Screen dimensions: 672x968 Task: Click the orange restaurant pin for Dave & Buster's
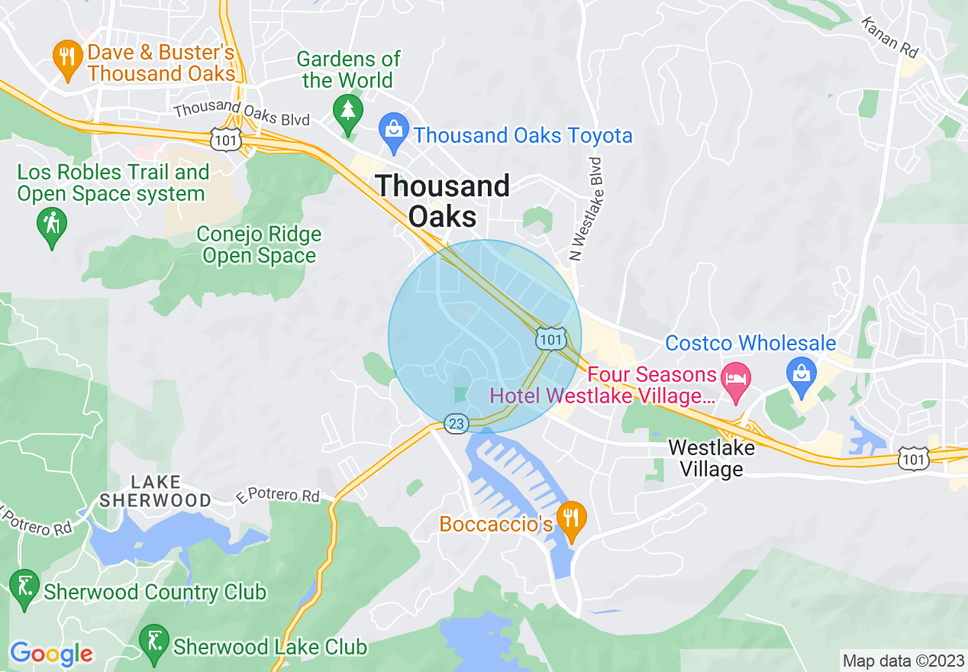point(68,57)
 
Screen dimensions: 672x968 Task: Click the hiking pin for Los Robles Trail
point(51,225)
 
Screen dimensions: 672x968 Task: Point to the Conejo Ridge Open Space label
point(259,245)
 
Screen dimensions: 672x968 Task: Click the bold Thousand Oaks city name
point(443,201)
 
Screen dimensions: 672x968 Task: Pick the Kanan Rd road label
point(890,37)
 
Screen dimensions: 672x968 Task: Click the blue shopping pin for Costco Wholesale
point(802,376)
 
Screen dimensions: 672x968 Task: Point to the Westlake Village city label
point(711,458)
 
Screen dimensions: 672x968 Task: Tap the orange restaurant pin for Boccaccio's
point(570,518)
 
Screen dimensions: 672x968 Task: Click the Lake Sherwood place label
point(156,491)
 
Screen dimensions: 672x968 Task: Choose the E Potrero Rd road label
point(278,496)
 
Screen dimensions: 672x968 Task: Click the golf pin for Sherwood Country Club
point(24,587)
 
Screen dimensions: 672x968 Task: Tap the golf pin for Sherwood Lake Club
point(154,643)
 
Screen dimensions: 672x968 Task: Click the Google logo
point(51,654)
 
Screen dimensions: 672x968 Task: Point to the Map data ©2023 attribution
point(902,661)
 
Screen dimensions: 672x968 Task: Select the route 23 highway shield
point(456,423)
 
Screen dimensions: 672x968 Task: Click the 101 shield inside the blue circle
point(550,339)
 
